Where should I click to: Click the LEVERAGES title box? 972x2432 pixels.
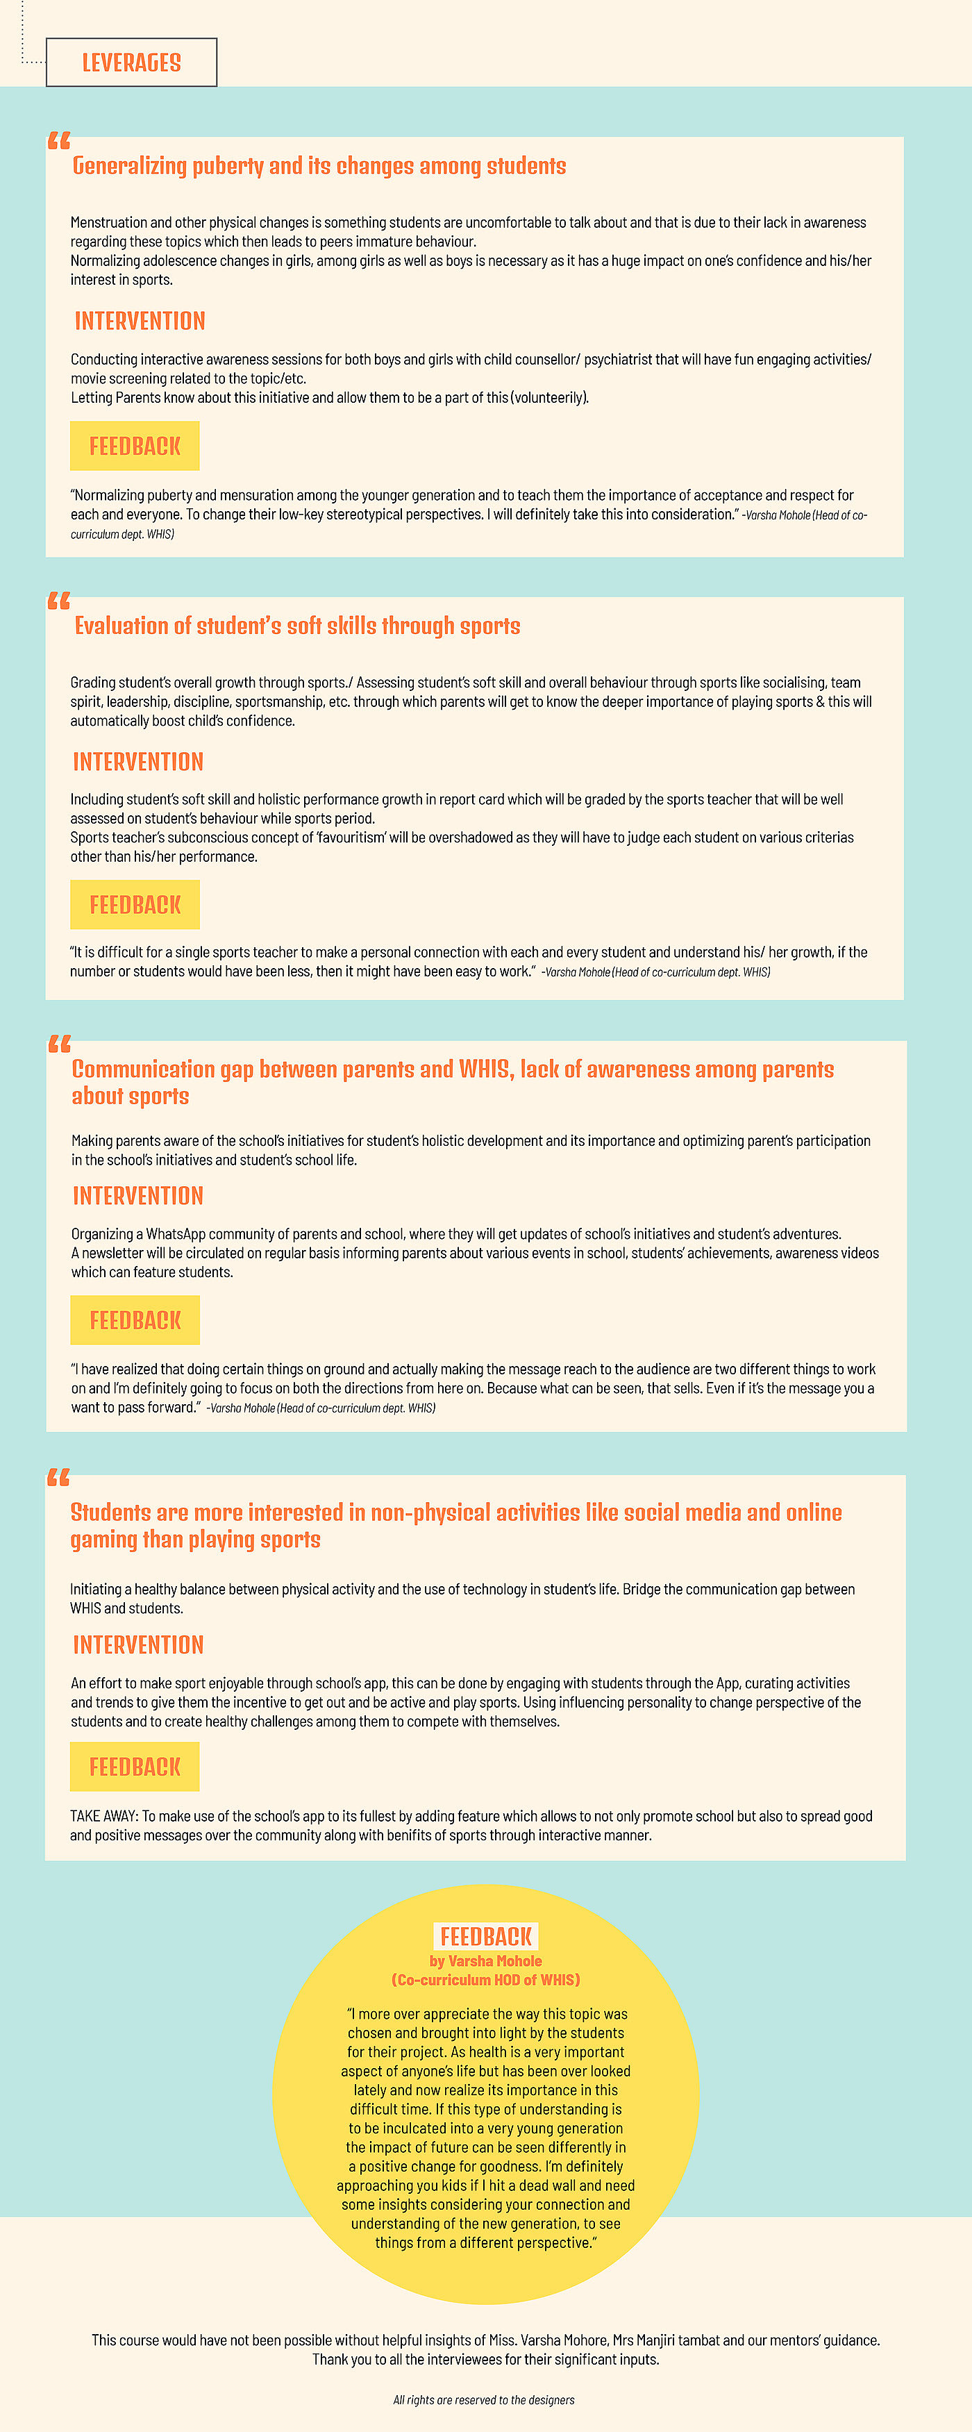pyautogui.click(x=131, y=63)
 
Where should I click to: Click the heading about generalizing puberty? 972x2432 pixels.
pyautogui.click(x=319, y=166)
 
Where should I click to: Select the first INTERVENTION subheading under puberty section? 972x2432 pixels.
pyautogui.click(x=140, y=321)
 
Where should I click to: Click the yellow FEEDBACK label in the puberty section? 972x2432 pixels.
pyautogui.click(x=135, y=446)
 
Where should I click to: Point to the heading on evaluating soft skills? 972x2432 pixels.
pyautogui.click(x=297, y=626)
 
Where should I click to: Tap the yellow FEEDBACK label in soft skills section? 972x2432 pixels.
pyautogui.click(x=135, y=904)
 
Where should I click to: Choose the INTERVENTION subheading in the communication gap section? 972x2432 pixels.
pyautogui.click(x=137, y=1196)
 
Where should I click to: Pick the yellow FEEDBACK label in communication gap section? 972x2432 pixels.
pyautogui.click(x=135, y=1320)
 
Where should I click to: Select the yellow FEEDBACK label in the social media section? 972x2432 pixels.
pyautogui.click(x=135, y=1767)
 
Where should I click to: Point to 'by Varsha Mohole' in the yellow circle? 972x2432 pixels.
pyautogui.click(x=486, y=1961)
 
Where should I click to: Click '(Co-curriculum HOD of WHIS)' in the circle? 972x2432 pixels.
pyautogui.click(x=486, y=1980)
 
